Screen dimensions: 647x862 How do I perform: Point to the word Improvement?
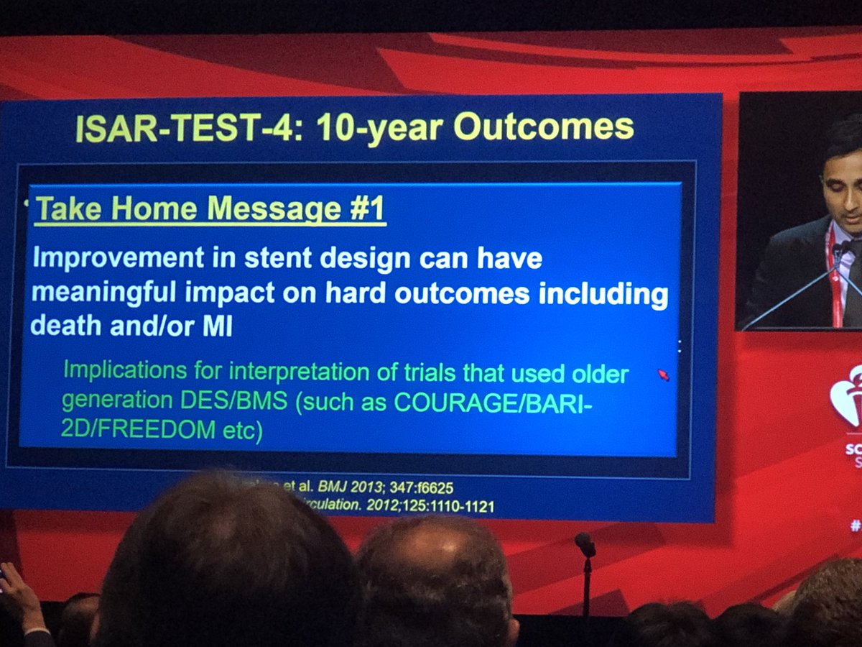coord(106,260)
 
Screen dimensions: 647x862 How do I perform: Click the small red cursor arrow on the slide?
coord(664,375)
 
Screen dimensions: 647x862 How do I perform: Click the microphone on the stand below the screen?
coord(585,545)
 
